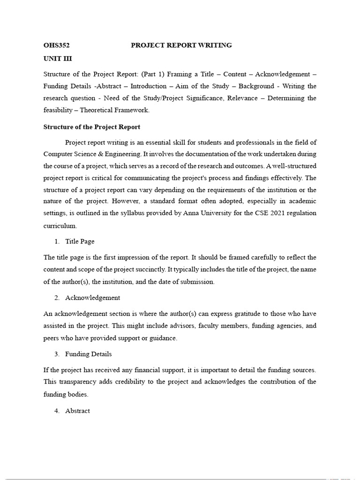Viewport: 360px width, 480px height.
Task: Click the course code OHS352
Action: click(56, 45)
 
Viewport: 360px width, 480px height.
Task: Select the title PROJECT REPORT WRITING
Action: click(181, 45)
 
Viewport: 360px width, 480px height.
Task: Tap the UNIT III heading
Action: click(58, 59)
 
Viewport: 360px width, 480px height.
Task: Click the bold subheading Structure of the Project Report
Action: click(92, 127)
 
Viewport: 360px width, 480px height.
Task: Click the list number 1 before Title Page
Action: click(56, 241)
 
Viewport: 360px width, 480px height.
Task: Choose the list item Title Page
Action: click(80, 241)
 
